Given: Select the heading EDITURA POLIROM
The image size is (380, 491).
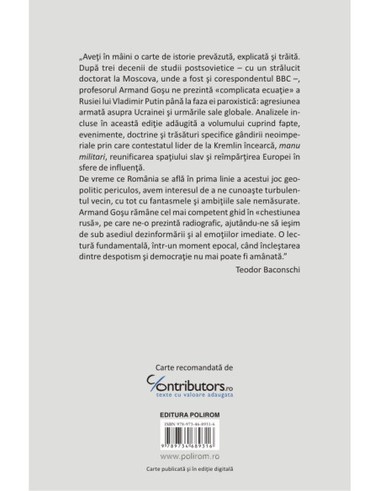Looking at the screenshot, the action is tap(190, 392).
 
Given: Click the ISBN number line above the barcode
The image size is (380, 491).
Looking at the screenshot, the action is tap(189, 402).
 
